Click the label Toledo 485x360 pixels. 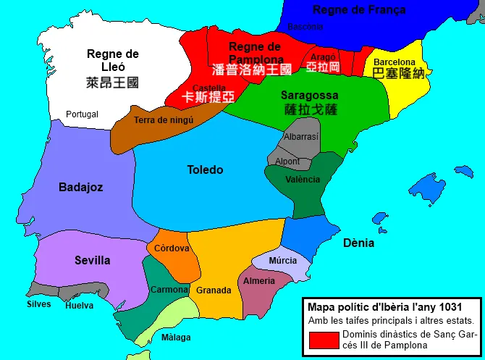[205, 170]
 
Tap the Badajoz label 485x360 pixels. [80, 187]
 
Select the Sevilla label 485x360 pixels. [92, 260]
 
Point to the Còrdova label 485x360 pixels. [172, 248]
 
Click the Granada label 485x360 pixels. [214, 290]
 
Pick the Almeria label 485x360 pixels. [259, 281]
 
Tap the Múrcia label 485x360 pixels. [282, 261]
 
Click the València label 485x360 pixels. [302, 180]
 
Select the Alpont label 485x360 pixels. [287, 162]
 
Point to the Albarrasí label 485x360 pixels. [301, 136]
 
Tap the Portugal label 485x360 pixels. [82, 114]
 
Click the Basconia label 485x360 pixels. [305, 27]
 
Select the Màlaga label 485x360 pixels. [176, 338]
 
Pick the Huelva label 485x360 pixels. [79, 306]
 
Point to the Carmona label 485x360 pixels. [169, 290]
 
